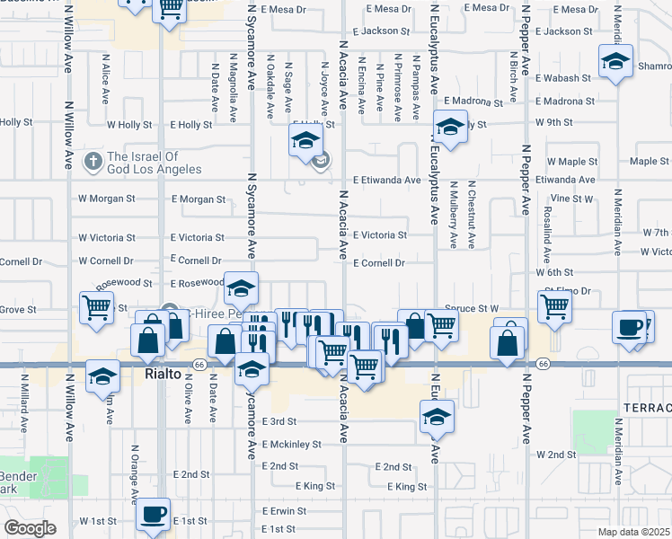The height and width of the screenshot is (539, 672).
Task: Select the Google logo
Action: click(30, 528)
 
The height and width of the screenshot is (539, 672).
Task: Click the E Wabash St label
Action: click(563, 78)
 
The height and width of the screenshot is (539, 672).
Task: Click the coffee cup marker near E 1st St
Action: click(153, 516)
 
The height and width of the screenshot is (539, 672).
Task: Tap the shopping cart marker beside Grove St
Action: click(95, 307)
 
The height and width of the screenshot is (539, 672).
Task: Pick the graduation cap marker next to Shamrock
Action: click(615, 63)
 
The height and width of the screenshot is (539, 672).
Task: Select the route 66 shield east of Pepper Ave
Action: click(544, 364)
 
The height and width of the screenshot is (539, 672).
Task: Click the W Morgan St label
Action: click(106, 198)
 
